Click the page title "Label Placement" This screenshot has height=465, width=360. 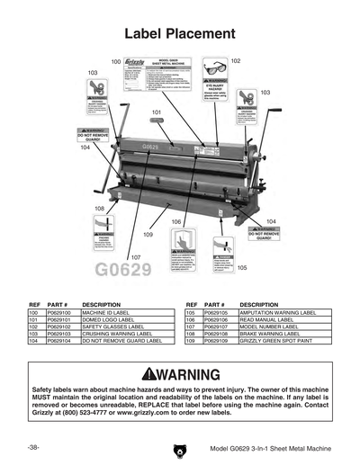179,33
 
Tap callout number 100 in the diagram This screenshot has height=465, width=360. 116,61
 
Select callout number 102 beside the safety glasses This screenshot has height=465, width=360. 235,60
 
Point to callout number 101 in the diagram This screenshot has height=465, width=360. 156,112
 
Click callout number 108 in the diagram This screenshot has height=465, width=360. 98,208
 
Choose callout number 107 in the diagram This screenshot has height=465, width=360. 135,257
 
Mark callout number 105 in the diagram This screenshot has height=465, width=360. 241,267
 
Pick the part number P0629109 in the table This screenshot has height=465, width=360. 218,342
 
